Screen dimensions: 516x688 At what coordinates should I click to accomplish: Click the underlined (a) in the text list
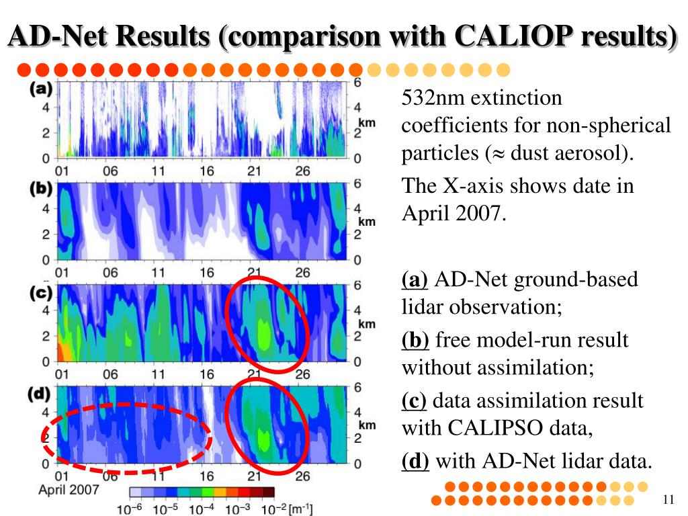[x=414, y=279]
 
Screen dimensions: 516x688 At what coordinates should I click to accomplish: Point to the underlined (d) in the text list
[x=415, y=462]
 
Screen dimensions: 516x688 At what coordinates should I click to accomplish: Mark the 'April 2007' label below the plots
[x=69, y=489]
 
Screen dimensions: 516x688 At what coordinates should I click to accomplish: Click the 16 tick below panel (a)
[x=206, y=171]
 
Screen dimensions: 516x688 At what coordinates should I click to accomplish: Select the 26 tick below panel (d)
[x=303, y=476]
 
